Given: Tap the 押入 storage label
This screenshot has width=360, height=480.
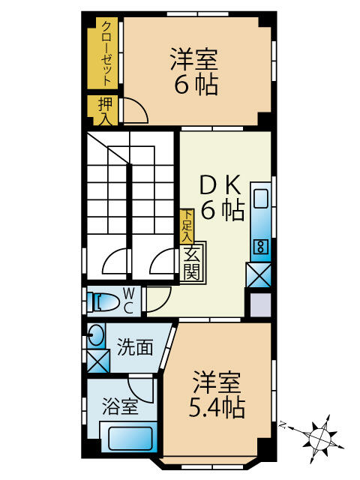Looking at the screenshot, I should [x=105, y=110].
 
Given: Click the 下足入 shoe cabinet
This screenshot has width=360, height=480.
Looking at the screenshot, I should [x=184, y=226].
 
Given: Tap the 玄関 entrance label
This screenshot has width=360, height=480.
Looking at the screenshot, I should [x=193, y=262].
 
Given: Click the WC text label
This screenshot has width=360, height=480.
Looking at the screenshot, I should [x=128, y=300].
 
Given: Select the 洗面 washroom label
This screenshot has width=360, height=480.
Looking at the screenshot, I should [x=135, y=347].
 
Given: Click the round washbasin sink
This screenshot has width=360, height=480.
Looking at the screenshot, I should [x=96, y=335].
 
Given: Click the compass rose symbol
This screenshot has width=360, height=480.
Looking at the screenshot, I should [x=320, y=435].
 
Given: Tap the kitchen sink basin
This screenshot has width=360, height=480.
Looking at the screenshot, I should [x=260, y=199].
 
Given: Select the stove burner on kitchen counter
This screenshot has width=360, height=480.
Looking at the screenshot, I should [x=260, y=245].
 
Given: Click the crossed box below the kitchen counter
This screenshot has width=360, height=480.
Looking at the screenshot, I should [x=259, y=275].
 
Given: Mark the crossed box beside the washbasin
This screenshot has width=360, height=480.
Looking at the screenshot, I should [x=97, y=361].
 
